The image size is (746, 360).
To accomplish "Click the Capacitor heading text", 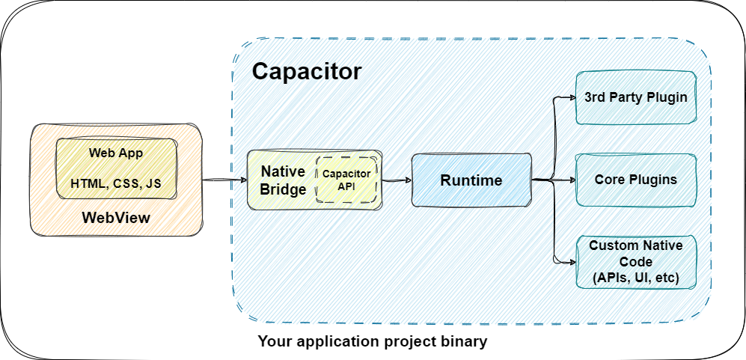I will tap(307, 71).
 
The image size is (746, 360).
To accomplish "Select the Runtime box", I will tap(471, 180).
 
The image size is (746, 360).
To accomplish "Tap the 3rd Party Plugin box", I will tap(635, 97).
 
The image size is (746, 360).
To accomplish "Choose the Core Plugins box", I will tap(635, 180).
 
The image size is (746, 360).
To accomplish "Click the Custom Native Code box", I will tap(635, 262).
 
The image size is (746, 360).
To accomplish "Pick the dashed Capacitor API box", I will tap(346, 180).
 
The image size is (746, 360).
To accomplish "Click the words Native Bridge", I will tap(283, 180).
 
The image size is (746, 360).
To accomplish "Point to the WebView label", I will tap(116, 218).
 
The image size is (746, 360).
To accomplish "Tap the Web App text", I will tap(116, 153).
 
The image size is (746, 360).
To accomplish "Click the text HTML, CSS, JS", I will tap(116, 183).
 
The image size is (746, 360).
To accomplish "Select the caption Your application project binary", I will tap(372, 342).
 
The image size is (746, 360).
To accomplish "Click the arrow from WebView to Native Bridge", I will tap(224, 180).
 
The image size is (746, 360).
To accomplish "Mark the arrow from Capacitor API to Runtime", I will tap(396, 180).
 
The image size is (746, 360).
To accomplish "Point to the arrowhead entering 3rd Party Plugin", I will tap(570, 97).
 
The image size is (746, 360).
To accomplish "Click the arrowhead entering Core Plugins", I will tap(570, 180).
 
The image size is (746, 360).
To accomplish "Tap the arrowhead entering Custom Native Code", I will tap(570, 262).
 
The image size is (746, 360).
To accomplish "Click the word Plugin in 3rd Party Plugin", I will tap(667, 97).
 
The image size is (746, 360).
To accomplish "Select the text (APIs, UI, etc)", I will tap(635, 278).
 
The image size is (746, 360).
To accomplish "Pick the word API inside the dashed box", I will tap(346, 187).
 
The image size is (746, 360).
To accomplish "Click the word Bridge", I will tap(283, 189).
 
